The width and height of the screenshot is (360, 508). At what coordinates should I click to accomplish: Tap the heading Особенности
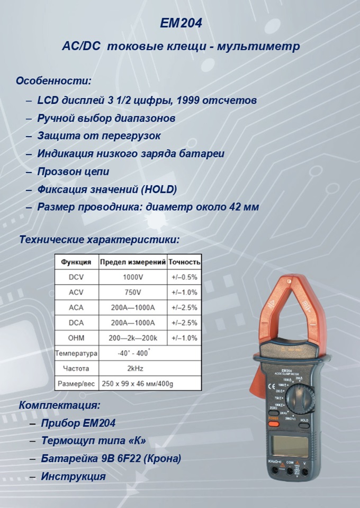(x=53, y=81)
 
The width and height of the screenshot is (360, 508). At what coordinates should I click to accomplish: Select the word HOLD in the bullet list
(x=159, y=189)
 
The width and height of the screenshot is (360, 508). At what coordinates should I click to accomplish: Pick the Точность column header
(x=184, y=262)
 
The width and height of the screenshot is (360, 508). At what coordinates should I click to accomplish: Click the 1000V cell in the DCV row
(x=133, y=277)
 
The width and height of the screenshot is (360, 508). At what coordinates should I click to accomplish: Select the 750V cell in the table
(x=133, y=292)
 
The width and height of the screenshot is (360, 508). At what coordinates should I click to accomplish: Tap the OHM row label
(x=76, y=338)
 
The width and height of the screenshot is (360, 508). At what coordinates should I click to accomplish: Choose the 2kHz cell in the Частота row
(x=133, y=368)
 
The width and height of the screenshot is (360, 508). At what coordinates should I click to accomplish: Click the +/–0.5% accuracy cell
(x=184, y=277)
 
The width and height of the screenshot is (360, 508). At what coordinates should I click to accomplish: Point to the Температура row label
(x=76, y=353)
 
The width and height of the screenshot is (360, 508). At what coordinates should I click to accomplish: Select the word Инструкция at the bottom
(x=74, y=476)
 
